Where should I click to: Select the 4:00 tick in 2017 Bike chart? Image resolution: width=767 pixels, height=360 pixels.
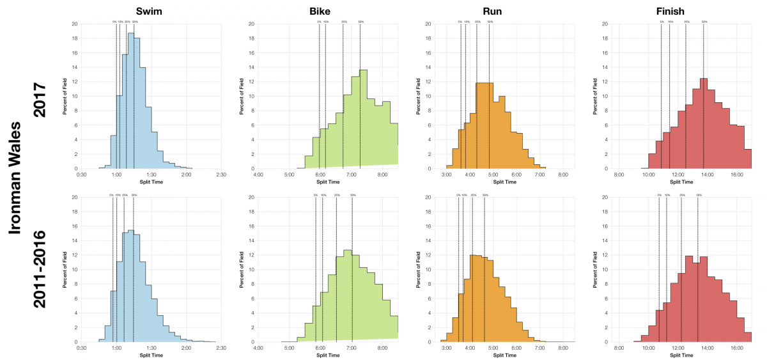pos(258,175)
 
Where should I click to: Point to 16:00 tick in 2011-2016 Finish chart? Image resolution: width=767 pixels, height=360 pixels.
pos(736,348)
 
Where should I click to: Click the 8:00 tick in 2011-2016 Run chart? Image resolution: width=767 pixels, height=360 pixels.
pos(563,348)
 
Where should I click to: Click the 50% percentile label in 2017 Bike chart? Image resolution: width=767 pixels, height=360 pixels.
pos(361,22)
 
